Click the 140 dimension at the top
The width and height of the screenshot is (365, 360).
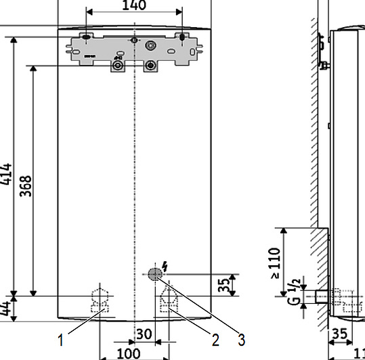tap(133, 6)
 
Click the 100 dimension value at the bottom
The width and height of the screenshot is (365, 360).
tap(128, 353)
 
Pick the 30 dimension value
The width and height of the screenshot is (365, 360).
tap(144, 334)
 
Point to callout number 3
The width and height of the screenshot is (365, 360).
tap(240, 338)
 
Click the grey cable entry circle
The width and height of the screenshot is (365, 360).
tap(154, 274)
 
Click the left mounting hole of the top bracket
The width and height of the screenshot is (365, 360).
tap(86, 37)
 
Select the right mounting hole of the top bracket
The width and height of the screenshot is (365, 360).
tap(181, 37)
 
